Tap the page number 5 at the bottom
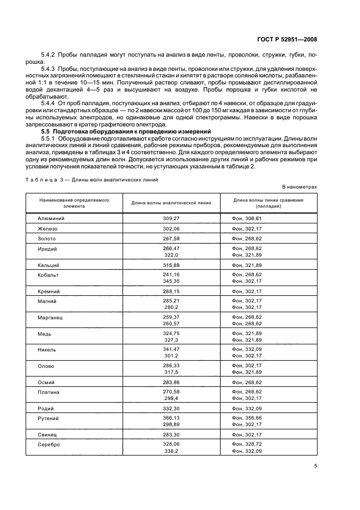pyautogui.click(x=315, y=465)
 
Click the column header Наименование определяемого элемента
pyautogui.click(x=74, y=203)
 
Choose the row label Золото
pyautogui.click(x=47, y=238)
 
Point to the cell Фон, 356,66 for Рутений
pyautogui.click(x=247, y=418)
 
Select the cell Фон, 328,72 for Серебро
pyautogui.click(x=247, y=444)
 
